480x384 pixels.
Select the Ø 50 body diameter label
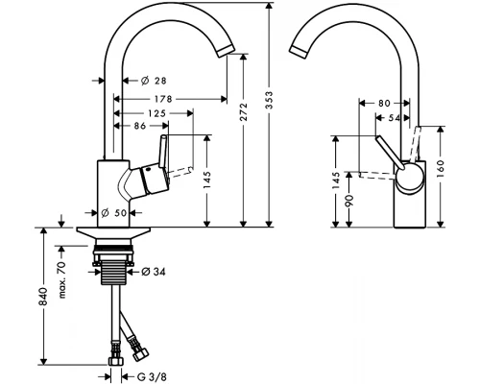click(115, 213)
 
